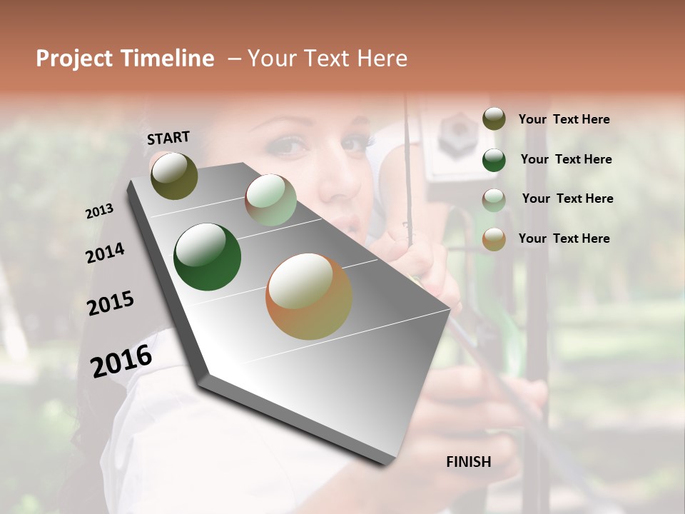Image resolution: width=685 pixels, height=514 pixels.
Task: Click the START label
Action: (168, 138)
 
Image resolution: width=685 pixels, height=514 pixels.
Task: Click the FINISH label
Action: (468, 462)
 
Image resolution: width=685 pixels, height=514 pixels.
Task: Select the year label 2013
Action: (99, 211)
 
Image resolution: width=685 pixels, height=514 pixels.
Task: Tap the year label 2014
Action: (105, 253)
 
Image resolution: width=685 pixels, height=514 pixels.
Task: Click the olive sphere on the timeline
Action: (174, 176)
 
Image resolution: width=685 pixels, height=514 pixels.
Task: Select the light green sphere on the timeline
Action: (270, 201)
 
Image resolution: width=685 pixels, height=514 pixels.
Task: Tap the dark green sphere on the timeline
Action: (208, 257)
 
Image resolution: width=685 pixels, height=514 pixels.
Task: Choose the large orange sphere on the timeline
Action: (309, 296)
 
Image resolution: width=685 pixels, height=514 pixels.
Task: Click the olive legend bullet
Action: (494, 119)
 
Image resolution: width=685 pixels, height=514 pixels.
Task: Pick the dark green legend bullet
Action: (494, 160)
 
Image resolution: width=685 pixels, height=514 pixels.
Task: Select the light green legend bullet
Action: (494, 199)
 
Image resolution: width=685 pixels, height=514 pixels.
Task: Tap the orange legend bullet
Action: (494, 239)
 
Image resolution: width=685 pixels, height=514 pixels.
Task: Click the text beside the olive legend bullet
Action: (564, 119)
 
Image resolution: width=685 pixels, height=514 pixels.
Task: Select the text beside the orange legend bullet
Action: (564, 238)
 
